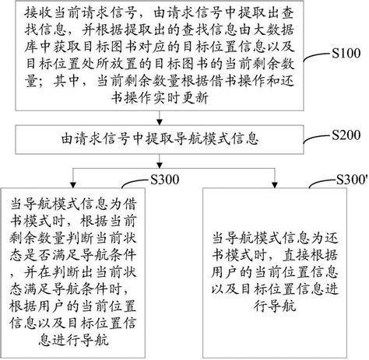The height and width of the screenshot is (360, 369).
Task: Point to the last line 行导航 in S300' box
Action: tap(274, 306)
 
